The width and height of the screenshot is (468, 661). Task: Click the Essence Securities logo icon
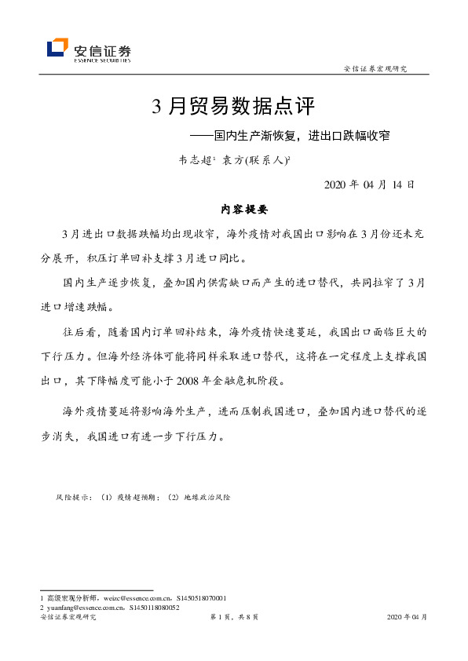(x=57, y=49)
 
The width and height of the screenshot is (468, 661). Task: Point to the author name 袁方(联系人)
(x=256, y=159)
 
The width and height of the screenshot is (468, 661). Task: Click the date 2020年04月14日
(x=363, y=184)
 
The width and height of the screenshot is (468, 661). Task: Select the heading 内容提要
(x=244, y=210)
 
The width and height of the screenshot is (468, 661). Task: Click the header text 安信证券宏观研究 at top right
(x=375, y=69)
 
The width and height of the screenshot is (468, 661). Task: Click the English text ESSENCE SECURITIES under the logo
(x=102, y=59)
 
